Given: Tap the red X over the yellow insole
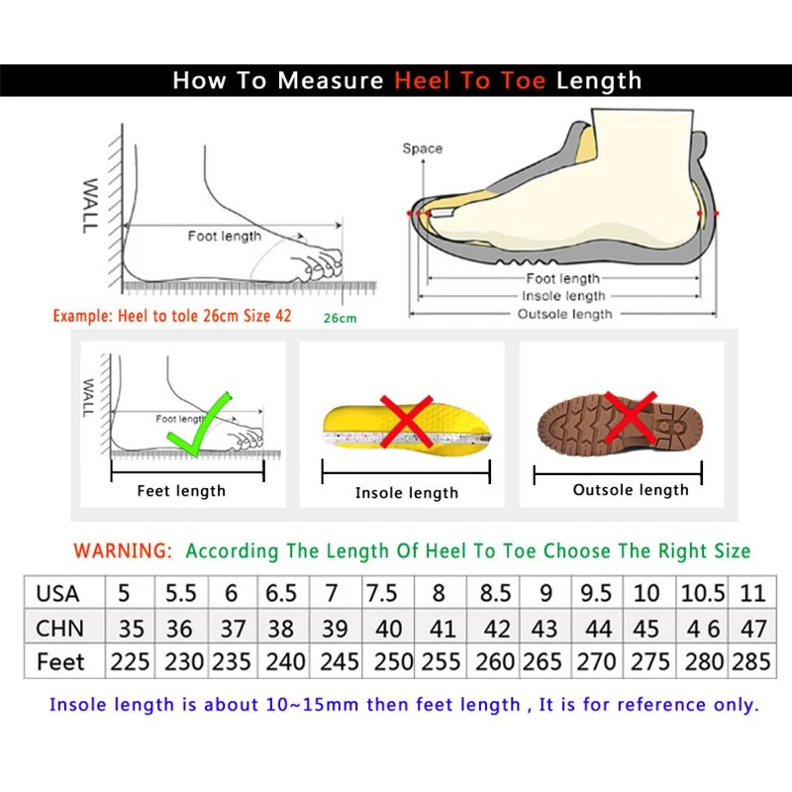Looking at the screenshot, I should (406, 421).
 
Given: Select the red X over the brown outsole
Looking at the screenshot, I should (631, 417).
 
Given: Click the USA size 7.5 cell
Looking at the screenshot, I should (382, 593).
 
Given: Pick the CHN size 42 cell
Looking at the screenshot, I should (495, 628).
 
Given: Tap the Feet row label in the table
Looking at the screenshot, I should (60, 661).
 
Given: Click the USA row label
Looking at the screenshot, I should (57, 593).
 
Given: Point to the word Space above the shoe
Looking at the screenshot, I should (422, 148).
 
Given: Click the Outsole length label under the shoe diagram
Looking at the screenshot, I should (565, 314).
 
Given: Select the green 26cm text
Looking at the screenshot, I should (340, 318).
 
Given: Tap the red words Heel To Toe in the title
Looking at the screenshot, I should (469, 80).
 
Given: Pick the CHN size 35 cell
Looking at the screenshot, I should (131, 628).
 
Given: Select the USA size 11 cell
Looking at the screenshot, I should (752, 593).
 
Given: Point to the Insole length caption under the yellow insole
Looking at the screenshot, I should (407, 492).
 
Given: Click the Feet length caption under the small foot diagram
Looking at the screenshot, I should (181, 490).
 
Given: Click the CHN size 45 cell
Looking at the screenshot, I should (645, 628).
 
